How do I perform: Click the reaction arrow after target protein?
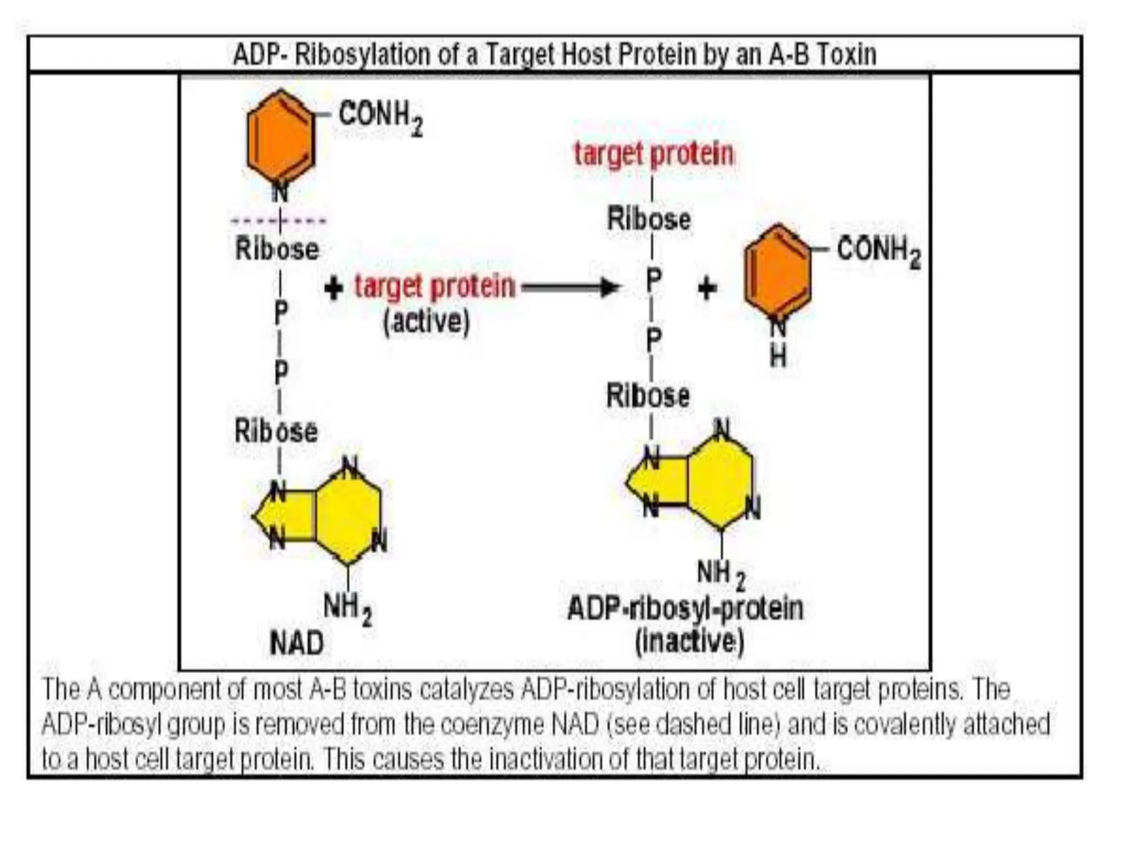[x=570, y=286]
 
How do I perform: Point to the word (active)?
[x=426, y=321]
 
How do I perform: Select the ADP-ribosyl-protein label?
[x=685, y=608]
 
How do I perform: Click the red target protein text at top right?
[x=653, y=153]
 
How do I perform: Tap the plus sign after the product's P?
[x=707, y=288]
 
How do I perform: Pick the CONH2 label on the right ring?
[x=878, y=251]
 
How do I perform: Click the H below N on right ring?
[x=778, y=357]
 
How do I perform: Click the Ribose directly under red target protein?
[x=649, y=219]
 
